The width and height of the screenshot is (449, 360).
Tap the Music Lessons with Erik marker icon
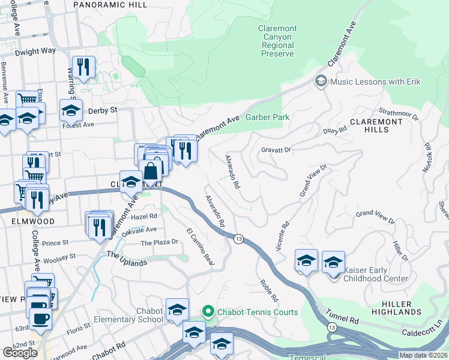point(321,81)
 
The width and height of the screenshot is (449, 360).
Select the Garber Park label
point(268,118)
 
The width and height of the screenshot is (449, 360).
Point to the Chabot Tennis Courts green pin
point(208,311)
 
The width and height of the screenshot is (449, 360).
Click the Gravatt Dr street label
point(276,150)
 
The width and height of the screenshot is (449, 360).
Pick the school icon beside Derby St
point(71,110)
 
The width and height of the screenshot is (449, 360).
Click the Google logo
point(20,353)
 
